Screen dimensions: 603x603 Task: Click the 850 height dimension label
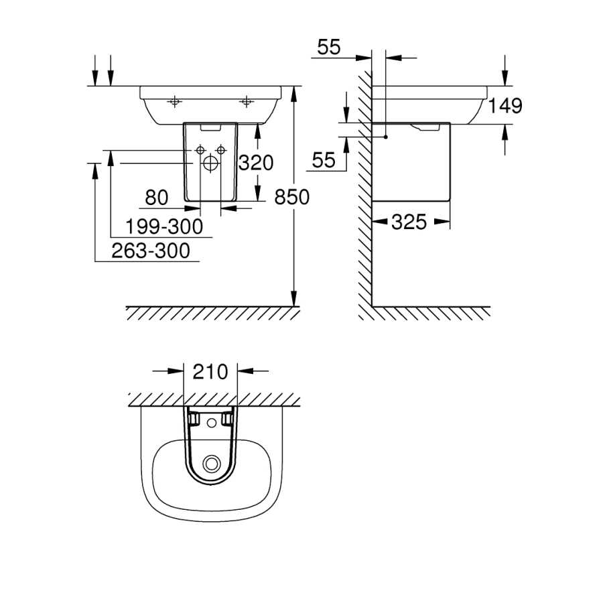(292, 197)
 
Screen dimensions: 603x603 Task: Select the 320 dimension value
(256, 163)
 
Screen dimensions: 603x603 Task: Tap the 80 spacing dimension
(157, 198)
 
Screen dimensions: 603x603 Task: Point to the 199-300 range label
(164, 226)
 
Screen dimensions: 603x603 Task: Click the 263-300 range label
(151, 251)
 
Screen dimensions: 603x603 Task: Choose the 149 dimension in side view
(505, 106)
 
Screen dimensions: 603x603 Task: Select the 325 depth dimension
(409, 222)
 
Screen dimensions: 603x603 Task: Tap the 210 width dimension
(210, 372)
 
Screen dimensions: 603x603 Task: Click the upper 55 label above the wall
(329, 48)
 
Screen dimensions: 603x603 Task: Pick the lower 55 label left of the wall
(324, 160)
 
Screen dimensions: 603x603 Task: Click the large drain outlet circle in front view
(210, 163)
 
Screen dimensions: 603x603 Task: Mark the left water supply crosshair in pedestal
(200, 150)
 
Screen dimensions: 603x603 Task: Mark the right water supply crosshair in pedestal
(220, 150)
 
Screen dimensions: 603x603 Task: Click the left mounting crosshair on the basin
(175, 102)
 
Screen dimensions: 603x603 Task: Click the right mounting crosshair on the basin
(246, 102)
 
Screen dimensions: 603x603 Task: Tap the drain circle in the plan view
(212, 463)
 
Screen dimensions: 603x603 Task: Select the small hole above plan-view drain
(212, 423)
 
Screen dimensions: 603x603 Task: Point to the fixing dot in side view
(386, 137)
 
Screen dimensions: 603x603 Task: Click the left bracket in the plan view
(193, 418)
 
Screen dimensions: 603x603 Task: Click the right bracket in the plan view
(228, 418)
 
